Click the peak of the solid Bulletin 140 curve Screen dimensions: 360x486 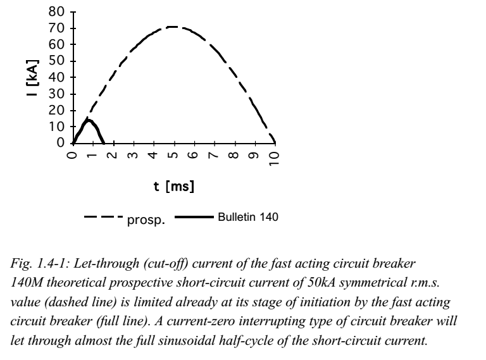click(x=89, y=120)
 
